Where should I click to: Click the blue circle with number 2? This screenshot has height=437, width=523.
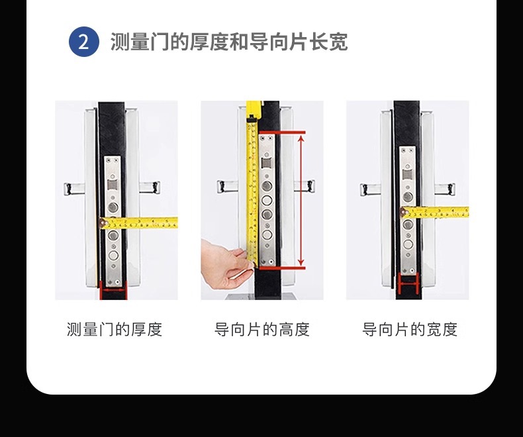click(83, 42)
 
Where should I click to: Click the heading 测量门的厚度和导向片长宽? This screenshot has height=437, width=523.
click(229, 42)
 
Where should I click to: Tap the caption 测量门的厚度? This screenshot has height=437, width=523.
click(115, 329)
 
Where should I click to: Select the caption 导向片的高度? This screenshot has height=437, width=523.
click(262, 329)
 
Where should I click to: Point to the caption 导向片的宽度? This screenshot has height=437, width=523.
click(410, 329)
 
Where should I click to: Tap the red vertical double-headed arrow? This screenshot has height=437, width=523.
click(301, 200)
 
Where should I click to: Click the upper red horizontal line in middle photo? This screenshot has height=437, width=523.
click(282, 132)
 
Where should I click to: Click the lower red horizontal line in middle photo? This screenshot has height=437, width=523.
click(282, 268)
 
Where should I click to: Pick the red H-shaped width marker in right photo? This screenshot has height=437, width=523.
click(408, 283)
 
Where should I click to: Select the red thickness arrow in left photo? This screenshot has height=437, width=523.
click(113, 290)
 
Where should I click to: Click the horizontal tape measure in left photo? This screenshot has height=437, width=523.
click(138, 223)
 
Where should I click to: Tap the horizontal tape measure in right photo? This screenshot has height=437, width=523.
click(435, 212)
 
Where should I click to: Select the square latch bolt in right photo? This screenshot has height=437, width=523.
click(408, 174)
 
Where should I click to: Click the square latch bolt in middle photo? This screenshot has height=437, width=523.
click(266, 164)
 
